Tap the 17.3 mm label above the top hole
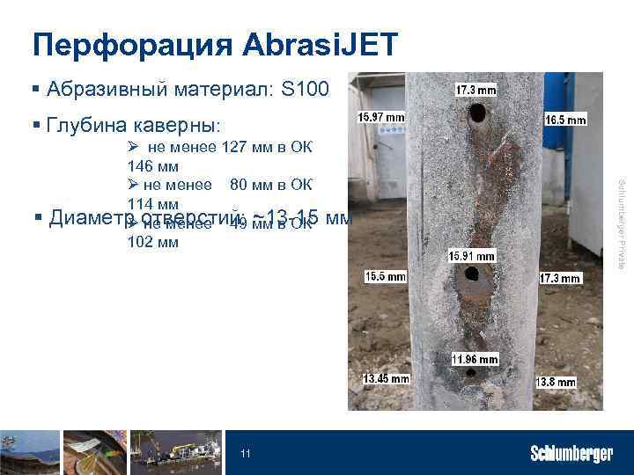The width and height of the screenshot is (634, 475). (476, 90)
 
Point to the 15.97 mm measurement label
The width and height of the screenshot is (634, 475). (380, 117)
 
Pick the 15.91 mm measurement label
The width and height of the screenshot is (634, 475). (472, 256)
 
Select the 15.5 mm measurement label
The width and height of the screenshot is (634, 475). (386, 276)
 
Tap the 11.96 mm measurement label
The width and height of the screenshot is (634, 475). (475, 359)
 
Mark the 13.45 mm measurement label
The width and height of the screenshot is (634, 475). (386, 379)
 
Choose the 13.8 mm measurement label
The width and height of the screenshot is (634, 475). (555, 382)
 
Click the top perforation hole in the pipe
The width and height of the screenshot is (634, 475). (476, 113)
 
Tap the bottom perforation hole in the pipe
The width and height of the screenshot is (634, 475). (472, 373)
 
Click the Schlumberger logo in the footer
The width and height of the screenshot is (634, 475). (571, 454)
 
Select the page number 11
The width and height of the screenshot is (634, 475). (246, 454)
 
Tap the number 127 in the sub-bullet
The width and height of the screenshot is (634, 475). (234, 147)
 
